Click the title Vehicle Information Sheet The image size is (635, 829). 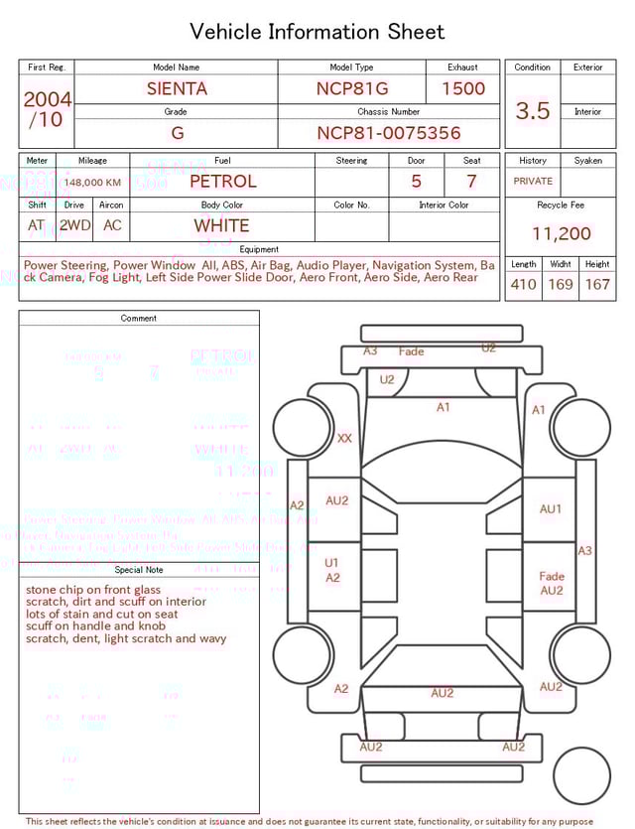(317, 32)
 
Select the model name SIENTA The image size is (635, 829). (177, 88)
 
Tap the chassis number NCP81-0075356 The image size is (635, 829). (389, 133)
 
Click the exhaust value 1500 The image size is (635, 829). (463, 88)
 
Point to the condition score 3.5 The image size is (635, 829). (533, 110)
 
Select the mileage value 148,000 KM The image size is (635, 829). (93, 183)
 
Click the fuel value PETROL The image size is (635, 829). (222, 182)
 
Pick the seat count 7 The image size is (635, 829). (471, 182)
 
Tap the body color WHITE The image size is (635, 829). (221, 225)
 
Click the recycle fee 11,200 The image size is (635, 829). (561, 233)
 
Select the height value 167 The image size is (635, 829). (597, 284)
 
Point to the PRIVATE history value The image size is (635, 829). (533, 182)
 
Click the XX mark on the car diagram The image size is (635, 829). (344, 438)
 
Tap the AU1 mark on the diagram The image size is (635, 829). (551, 509)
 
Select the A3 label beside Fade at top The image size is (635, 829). (370, 351)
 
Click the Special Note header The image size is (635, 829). (139, 570)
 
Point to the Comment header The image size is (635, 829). (139, 319)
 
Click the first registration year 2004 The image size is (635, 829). (48, 99)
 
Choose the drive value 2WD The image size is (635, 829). (74, 225)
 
